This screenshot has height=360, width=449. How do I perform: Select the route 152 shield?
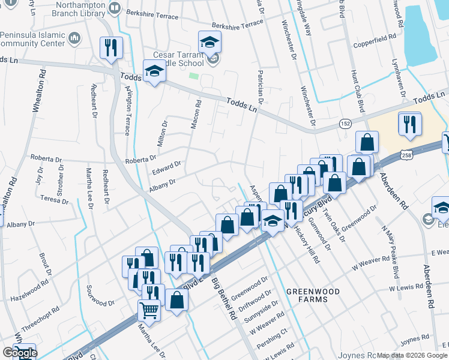click(346, 122)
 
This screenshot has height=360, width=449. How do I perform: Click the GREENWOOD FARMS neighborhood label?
click(312, 295)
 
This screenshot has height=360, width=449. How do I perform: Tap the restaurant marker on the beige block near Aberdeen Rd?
click(410, 124)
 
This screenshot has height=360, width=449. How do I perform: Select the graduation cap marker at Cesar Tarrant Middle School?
click(210, 42)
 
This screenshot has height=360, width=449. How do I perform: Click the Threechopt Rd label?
click(41, 320)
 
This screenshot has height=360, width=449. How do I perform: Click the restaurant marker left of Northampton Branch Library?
click(111, 48)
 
